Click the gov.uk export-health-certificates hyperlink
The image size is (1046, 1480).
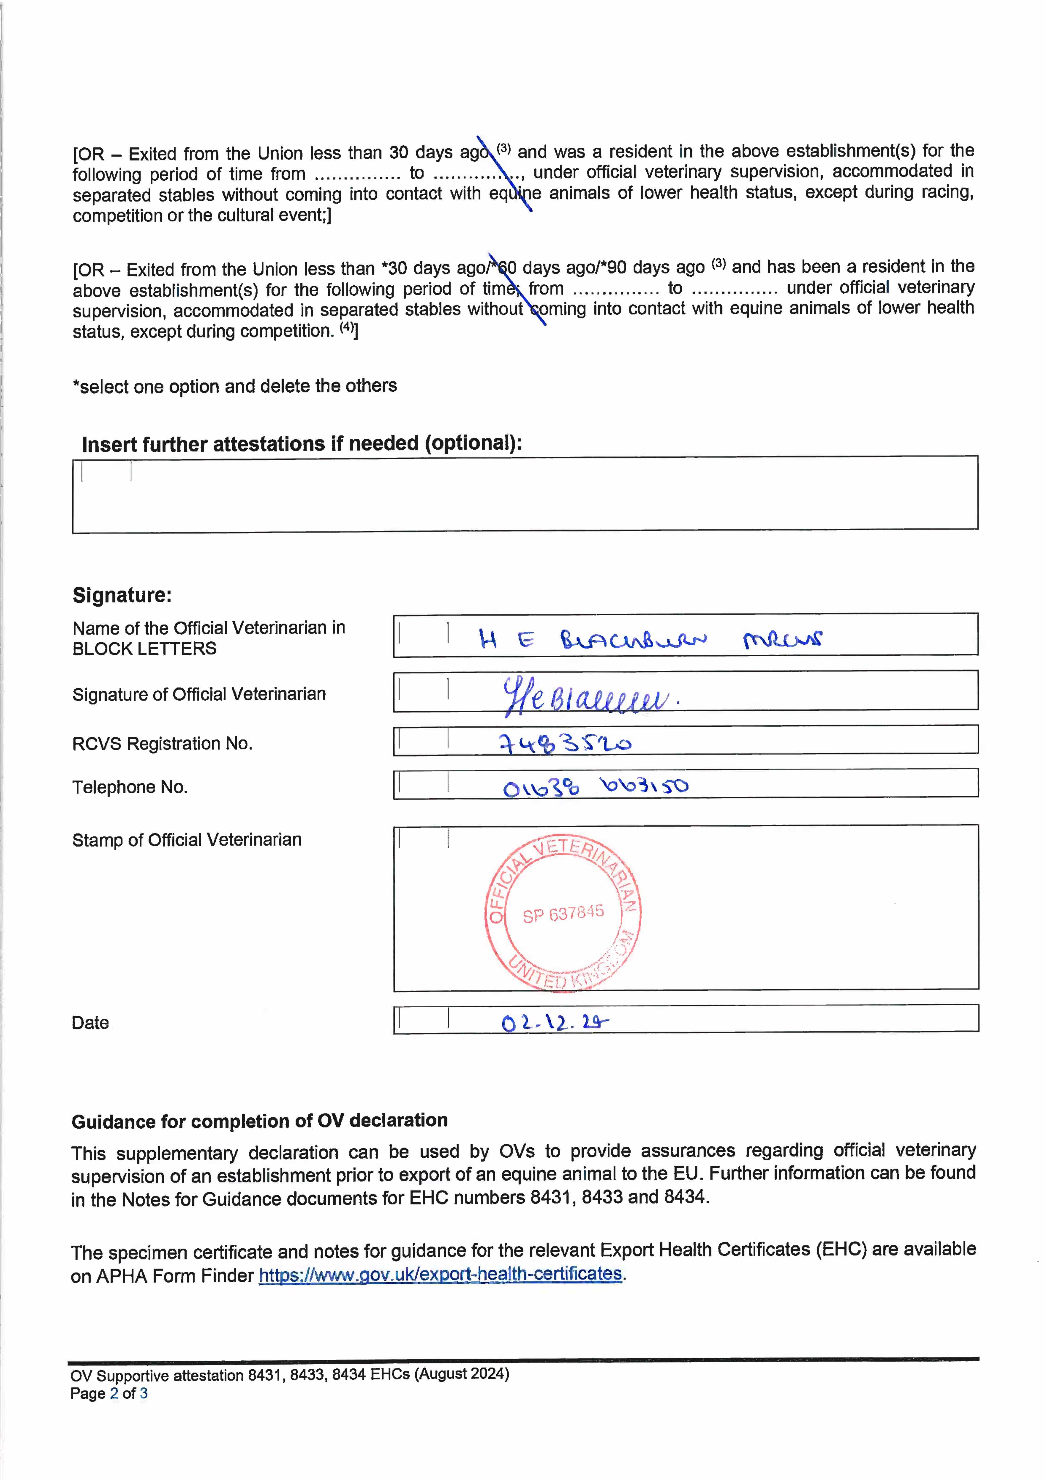click(x=441, y=1274)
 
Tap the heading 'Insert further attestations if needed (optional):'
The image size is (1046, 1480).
click(x=302, y=443)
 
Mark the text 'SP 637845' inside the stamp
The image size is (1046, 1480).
click(x=563, y=913)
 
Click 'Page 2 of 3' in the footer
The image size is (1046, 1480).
click(x=109, y=1394)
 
